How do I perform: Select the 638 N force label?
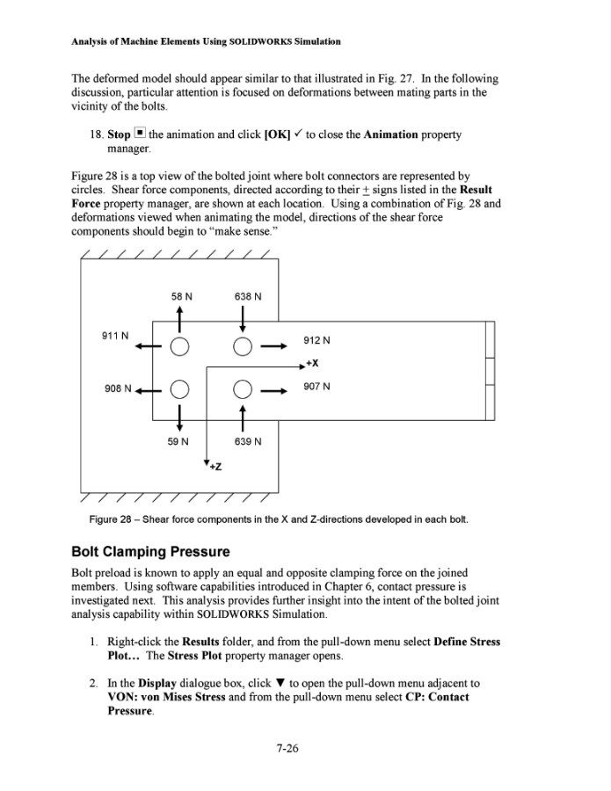tap(249, 296)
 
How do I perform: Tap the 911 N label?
tap(116, 336)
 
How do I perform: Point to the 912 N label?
tap(317, 341)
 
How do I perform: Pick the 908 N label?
tap(118, 388)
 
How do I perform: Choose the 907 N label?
tap(317, 386)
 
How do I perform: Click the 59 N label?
tap(178, 440)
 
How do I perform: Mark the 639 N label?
tap(248, 440)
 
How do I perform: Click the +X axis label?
tap(312, 363)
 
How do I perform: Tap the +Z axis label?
tap(215, 466)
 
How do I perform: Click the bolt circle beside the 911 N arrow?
tap(178, 345)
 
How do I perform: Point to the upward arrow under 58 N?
tap(178, 319)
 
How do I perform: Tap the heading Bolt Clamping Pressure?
tap(150, 552)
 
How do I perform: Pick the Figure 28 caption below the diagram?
tap(279, 519)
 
